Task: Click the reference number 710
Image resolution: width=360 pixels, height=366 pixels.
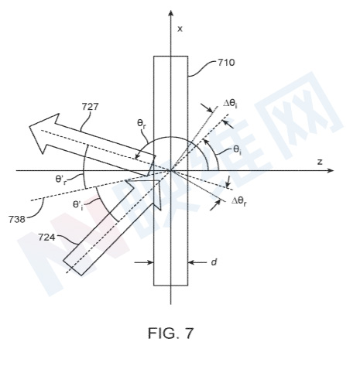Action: (x=226, y=63)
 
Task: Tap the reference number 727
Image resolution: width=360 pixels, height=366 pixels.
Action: (x=90, y=107)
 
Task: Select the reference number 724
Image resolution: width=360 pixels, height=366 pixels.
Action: (x=46, y=238)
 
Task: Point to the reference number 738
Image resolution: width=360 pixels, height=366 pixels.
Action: (x=17, y=219)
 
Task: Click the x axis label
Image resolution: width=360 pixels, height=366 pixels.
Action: (x=180, y=29)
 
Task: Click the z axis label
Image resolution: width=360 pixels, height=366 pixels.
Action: (x=320, y=162)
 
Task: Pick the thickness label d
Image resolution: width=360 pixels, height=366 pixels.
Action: (x=214, y=262)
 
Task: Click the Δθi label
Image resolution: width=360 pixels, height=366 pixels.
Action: (x=230, y=104)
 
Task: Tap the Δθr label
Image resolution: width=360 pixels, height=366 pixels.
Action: (x=238, y=201)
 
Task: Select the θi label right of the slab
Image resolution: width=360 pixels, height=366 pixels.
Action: (x=237, y=150)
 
